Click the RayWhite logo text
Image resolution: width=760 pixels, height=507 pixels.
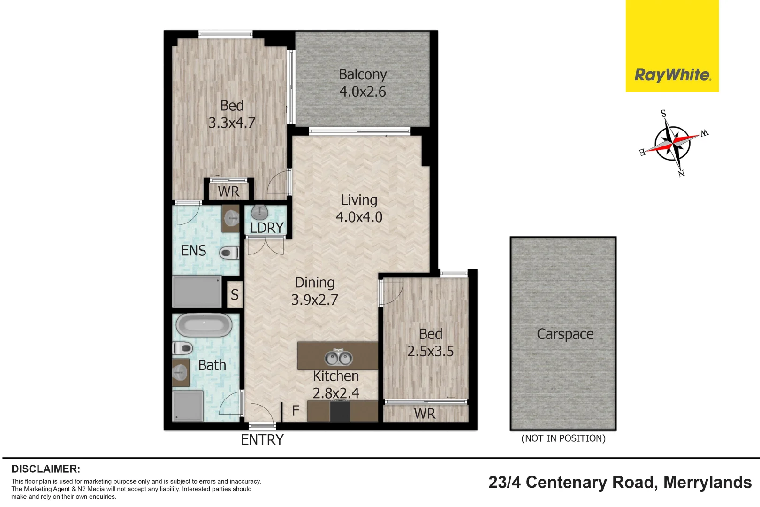pos(672,75)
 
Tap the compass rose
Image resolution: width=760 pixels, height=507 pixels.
pos(674,142)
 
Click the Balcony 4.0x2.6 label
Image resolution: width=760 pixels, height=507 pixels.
pos(363,83)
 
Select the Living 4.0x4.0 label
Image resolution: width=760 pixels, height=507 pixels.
pos(359,208)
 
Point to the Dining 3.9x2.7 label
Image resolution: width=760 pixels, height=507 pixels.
pos(314,291)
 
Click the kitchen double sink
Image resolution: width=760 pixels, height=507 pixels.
pos(338,358)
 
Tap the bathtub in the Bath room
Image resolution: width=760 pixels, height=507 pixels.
pos(204,325)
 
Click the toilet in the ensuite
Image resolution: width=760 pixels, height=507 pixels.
pos(229,253)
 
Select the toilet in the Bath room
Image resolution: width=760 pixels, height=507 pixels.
pos(183,348)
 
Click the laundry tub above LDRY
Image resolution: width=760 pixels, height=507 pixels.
pos(259,212)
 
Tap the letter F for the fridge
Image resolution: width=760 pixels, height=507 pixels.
pos(296,411)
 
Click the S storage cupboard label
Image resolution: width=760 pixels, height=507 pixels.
pos(235,295)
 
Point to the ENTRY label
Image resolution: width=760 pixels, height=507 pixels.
pos(262,440)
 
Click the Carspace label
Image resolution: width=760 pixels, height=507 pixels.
pos(565,334)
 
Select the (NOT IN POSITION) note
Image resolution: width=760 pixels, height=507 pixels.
pos(563,438)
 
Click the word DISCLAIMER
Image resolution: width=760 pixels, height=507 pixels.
pos(46,469)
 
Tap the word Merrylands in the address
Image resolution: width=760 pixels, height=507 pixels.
pos(707,483)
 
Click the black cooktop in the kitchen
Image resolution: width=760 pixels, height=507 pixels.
pos(340,412)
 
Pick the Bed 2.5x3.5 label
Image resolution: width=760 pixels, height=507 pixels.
pos(430,343)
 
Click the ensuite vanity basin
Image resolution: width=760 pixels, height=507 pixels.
pos(231,218)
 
